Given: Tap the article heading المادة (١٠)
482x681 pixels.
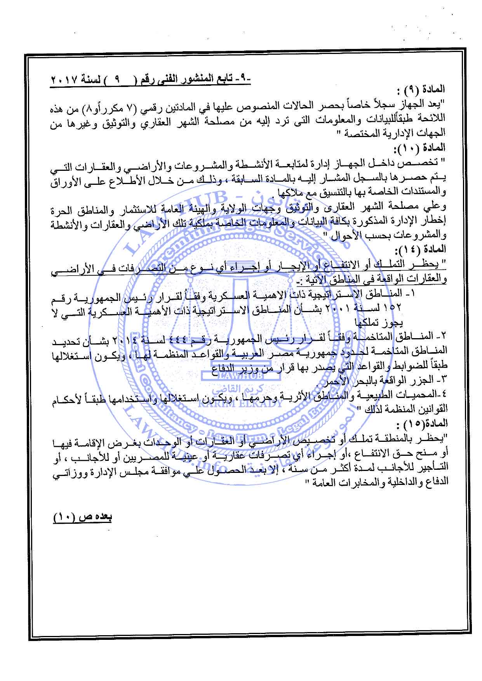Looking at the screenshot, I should (x=425, y=148).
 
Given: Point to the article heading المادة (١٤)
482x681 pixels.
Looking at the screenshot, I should (x=425, y=249).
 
